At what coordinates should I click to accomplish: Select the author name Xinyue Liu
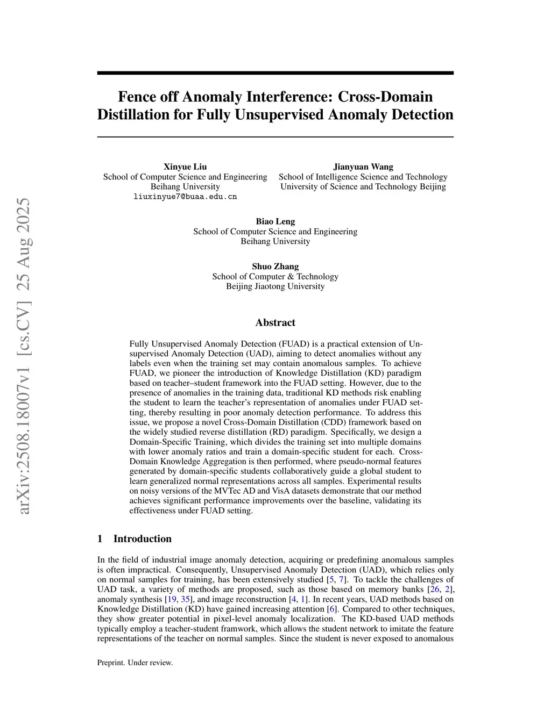point(185,167)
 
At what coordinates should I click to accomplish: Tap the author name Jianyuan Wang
point(363,167)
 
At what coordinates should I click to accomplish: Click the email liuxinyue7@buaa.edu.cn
point(185,197)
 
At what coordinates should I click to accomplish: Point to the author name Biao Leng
point(275,221)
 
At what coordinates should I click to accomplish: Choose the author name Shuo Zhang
point(275,267)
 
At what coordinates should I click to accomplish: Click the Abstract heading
point(275,322)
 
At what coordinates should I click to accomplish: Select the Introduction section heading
point(142,538)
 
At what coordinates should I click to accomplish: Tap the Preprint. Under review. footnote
point(135,663)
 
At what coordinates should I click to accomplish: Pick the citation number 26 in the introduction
point(434,589)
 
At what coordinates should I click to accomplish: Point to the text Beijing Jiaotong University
point(275,286)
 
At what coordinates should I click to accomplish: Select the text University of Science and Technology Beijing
point(363,186)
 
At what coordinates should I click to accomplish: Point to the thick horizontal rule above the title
point(275,73)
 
